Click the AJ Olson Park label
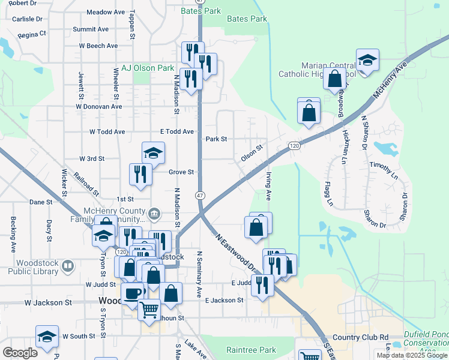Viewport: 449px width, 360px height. [x=148, y=68]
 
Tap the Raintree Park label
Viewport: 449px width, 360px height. [x=251, y=350]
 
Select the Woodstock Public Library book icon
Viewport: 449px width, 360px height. [x=68, y=265]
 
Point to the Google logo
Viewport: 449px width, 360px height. [x=20, y=352]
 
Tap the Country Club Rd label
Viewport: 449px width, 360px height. [x=360, y=338]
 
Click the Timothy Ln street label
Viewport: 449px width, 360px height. [x=384, y=170]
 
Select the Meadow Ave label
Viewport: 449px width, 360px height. [x=105, y=12]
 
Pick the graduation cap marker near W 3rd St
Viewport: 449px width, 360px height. [x=153, y=152]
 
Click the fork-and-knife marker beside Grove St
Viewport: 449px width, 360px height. [x=140, y=173]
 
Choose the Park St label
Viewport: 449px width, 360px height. [x=216, y=139]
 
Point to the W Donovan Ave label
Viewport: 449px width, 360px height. [x=99, y=106]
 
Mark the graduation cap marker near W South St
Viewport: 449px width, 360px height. [x=47, y=337]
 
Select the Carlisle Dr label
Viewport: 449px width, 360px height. [x=27, y=19]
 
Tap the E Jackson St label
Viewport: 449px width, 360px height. [x=224, y=300]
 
